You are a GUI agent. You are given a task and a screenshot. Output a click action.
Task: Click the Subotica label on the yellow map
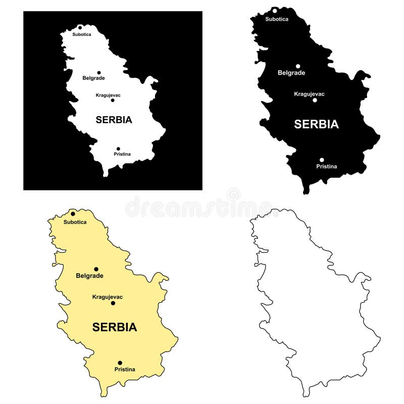click(75, 222)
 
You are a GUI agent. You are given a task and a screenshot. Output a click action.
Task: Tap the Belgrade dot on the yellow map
click(96, 269)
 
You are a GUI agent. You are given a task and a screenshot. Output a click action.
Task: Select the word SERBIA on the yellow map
click(115, 327)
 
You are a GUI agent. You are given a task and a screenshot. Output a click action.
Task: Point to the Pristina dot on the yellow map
click(120, 363)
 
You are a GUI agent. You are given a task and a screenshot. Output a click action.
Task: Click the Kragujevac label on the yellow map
click(108, 297)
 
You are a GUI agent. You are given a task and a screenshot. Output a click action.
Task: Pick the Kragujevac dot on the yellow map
click(113, 303)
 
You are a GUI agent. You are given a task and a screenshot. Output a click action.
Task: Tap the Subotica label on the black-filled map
click(277, 19)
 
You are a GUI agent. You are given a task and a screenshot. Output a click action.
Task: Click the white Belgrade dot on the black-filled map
click(298, 66)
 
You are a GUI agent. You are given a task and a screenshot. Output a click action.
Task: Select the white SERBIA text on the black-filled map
click(317, 124)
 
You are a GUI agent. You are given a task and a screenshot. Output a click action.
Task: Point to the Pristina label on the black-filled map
click(327, 166)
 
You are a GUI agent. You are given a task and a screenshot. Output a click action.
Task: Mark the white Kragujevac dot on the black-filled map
click(315, 100)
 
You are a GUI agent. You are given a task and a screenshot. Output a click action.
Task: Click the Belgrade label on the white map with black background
click(93, 78)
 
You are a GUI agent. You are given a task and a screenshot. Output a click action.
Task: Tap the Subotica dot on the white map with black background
click(80, 28)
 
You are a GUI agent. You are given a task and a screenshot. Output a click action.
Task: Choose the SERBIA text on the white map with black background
click(114, 120)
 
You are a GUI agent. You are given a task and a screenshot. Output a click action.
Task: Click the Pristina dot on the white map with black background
click(118, 148)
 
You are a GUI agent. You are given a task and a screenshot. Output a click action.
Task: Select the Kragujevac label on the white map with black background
click(108, 95)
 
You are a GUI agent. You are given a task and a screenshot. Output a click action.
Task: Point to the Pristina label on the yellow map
click(125, 369)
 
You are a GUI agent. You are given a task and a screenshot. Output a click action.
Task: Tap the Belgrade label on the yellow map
click(89, 276)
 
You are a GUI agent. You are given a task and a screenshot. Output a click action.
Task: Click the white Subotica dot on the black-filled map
click(275, 11)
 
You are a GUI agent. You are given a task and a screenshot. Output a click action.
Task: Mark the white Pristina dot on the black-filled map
click(322, 160)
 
